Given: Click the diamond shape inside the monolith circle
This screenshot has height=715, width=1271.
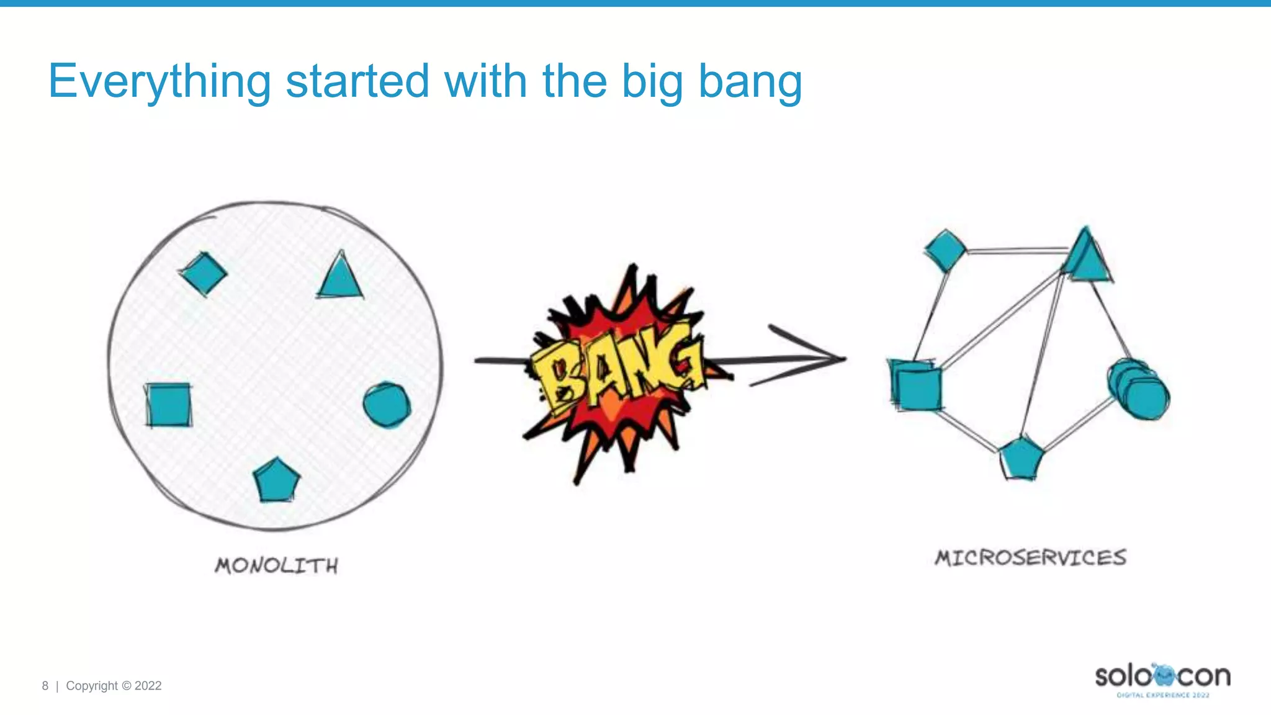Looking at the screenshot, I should [204, 273].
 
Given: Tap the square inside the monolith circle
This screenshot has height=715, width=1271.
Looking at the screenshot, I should [168, 405].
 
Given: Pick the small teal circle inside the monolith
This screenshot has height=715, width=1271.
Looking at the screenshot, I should [387, 404].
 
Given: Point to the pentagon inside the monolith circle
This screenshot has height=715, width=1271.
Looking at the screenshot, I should [276, 480].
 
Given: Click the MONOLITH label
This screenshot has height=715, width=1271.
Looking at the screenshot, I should [277, 565].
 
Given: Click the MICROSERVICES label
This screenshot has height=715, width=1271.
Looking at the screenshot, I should [1031, 557].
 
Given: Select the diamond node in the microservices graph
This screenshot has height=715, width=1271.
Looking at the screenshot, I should [945, 250].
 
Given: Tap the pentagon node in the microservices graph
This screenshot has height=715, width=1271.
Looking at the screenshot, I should [1021, 459].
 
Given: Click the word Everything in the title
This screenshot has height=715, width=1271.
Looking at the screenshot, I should [159, 81].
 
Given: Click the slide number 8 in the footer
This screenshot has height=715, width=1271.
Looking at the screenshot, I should [45, 686].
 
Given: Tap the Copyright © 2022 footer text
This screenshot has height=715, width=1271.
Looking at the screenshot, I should [114, 686].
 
